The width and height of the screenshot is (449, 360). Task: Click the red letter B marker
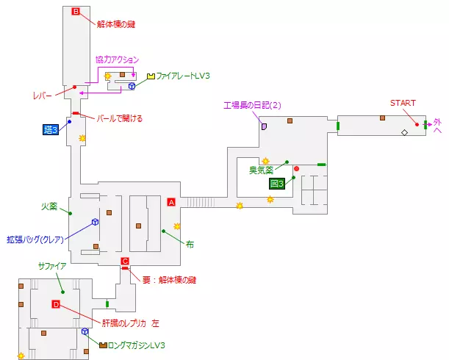[x=75, y=11]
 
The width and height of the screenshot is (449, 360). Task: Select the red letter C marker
[x=125, y=262]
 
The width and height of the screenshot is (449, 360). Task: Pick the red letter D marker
[x=56, y=304]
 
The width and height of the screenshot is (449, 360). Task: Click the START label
[x=403, y=102]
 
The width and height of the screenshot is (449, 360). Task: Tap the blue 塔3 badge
[x=51, y=129]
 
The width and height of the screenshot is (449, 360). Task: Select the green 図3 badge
[x=277, y=183]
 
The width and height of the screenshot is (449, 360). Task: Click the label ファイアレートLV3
[x=183, y=76]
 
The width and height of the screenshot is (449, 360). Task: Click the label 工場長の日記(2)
[x=253, y=106]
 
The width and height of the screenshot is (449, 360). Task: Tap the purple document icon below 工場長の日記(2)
[x=263, y=126]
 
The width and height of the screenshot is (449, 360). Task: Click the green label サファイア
[x=51, y=267]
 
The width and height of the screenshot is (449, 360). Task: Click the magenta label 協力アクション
[x=117, y=59]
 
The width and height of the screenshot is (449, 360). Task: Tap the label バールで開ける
[x=120, y=118]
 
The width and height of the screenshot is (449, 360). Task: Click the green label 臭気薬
[x=262, y=170]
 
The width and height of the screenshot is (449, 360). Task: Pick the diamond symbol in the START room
[x=403, y=132]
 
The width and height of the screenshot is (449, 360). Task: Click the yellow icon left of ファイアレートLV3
[x=151, y=76]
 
